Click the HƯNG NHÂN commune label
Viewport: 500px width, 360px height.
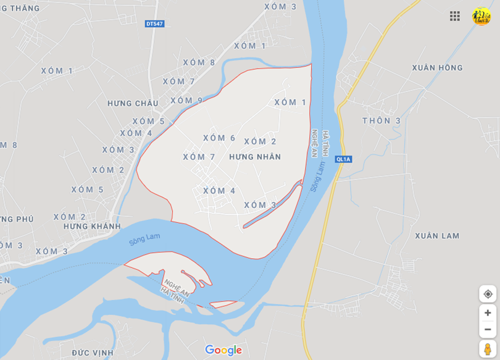tap(255, 157)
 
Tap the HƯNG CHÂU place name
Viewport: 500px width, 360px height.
tap(133, 103)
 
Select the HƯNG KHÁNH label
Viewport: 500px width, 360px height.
tap(92, 227)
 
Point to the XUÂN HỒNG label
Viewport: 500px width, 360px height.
tap(438, 68)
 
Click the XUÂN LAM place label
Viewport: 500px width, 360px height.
tap(437, 236)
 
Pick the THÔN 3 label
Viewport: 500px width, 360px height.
tap(381, 120)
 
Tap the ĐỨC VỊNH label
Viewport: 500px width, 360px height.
tap(93, 353)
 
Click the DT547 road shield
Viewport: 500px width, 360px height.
tap(154, 24)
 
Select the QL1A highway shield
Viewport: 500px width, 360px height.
tap(343, 159)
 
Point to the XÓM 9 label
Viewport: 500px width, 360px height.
tap(186, 100)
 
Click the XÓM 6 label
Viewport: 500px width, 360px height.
tap(219, 138)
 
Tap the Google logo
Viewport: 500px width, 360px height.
tap(223, 350)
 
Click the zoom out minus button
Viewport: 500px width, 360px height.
tap(488, 329)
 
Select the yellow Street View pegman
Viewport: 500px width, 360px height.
tap(488, 349)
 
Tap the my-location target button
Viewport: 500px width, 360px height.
tap(488, 294)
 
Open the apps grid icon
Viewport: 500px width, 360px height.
tap(455, 16)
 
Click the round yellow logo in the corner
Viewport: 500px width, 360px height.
tap(481, 16)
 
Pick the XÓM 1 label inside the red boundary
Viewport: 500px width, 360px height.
tap(290, 103)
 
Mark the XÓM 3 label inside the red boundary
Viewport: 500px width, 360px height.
tap(260, 205)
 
